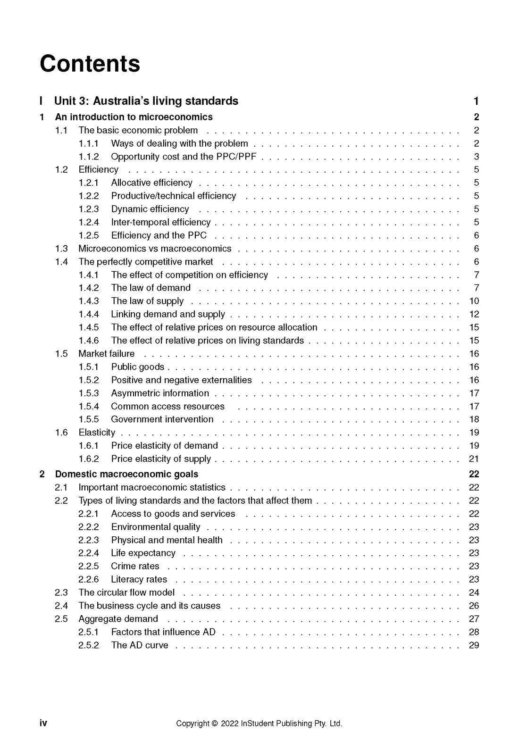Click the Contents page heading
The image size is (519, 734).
point(90,64)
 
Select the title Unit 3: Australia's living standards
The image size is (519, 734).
point(146,101)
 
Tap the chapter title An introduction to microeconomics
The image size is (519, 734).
point(134,117)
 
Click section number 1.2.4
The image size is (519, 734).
point(89,222)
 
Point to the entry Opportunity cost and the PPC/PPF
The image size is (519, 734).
point(184,157)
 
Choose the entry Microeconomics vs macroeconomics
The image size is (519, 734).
point(155,249)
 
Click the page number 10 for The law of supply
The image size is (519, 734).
point(474,301)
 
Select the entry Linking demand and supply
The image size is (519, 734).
point(168,314)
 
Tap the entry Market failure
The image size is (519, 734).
point(106,354)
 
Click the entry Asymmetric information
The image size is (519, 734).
point(160,393)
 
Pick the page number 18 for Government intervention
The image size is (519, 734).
point(474,419)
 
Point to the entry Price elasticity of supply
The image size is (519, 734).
point(161,459)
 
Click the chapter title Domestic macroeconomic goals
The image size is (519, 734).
point(126,474)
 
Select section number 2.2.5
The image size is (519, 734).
point(89,566)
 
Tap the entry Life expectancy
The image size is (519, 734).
point(143,553)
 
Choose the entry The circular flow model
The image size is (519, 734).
point(126,592)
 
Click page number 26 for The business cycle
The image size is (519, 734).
point(474,606)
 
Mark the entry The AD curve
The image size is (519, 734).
point(140,645)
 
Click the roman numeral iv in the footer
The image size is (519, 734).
point(43,723)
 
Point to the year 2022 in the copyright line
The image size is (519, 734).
point(229,724)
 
